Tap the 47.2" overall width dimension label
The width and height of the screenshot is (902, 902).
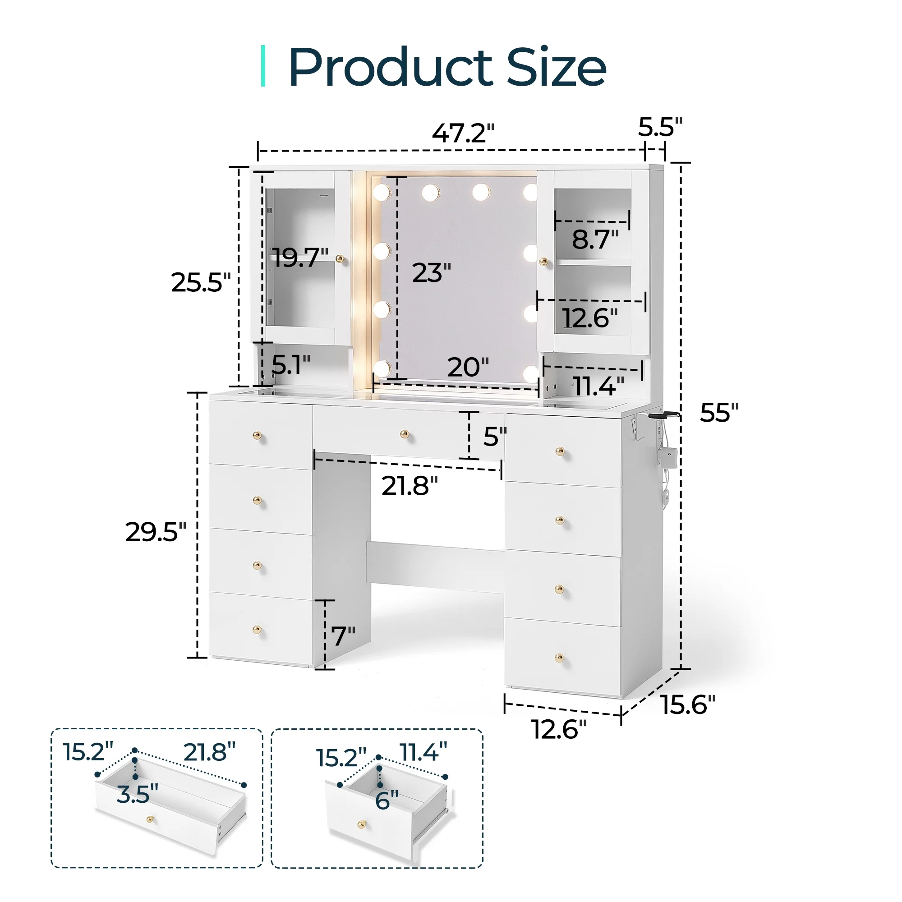[x=463, y=133]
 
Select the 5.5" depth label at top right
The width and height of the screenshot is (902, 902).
[x=660, y=127]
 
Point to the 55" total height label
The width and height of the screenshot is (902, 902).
[x=718, y=412]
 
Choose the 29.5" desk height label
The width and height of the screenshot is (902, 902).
[x=156, y=532]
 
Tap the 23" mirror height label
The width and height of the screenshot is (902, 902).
[x=431, y=273]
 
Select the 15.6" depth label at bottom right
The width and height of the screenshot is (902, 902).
[x=688, y=704]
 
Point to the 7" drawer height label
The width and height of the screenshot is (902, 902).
[x=343, y=636]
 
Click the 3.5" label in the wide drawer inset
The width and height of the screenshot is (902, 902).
[x=137, y=794]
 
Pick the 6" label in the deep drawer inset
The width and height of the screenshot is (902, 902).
[x=387, y=801]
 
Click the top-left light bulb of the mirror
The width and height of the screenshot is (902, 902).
[x=382, y=191]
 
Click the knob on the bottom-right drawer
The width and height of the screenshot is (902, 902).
[x=559, y=659]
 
